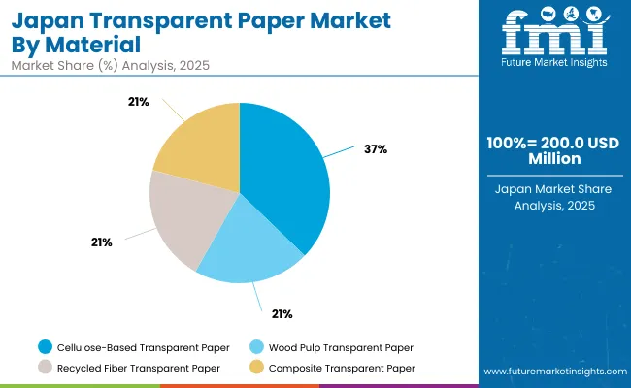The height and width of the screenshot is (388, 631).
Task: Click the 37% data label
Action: [x=377, y=148]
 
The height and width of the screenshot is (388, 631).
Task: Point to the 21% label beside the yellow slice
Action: [x=138, y=101]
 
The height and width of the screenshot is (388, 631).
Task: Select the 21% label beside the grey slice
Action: [x=101, y=242]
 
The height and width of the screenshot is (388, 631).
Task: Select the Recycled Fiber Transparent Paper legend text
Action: [x=139, y=368]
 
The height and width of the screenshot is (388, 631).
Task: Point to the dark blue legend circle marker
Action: [x=46, y=347]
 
